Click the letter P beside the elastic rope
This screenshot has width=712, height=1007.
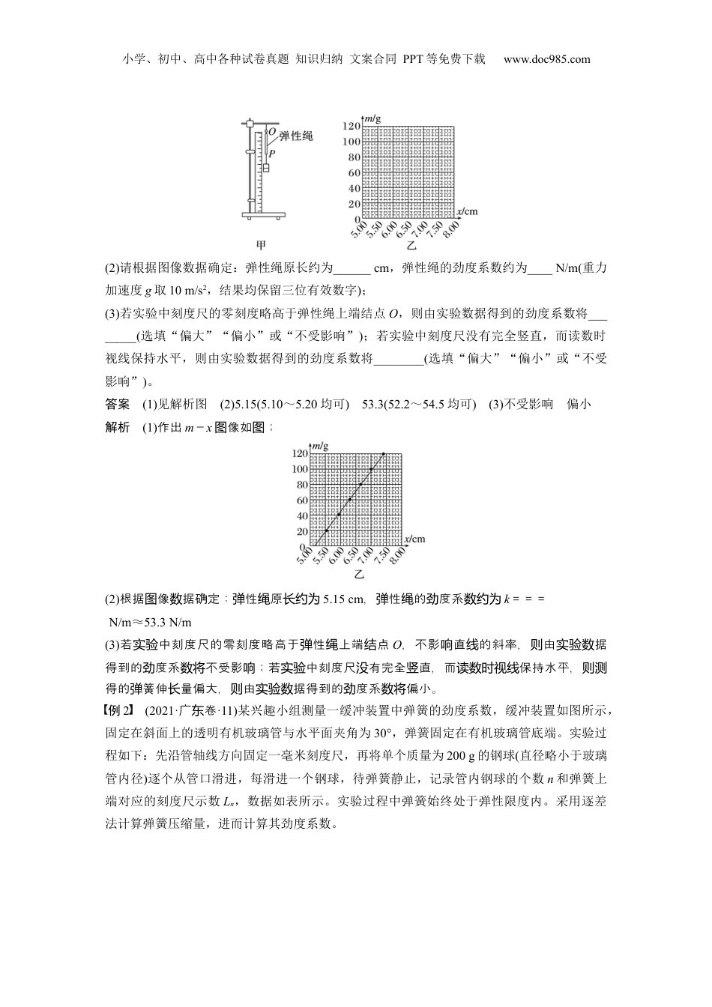coord(271,152)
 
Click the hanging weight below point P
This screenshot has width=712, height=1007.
coord(265,167)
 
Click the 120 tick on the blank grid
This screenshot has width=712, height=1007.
coord(352,126)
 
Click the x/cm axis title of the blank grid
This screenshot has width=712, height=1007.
coord(467,211)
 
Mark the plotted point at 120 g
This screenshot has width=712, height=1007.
coord(384,453)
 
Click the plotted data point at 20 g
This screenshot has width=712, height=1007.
coord(327,531)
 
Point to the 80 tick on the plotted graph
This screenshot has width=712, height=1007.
coord(301,485)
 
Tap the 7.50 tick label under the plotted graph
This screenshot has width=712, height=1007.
coord(384,557)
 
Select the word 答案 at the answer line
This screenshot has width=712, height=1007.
coord(118,405)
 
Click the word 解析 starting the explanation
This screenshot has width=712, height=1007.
coord(118,427)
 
